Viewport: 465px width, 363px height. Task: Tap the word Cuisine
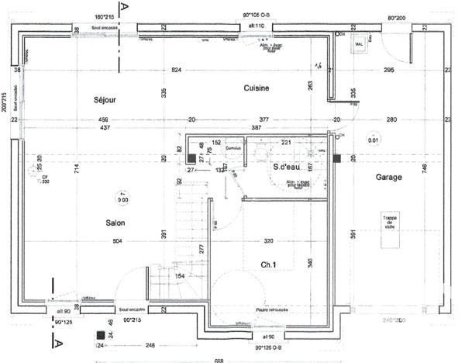(256, 88)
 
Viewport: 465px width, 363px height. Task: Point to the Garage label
(388, 178)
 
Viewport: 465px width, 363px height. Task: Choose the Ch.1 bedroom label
(269, 265)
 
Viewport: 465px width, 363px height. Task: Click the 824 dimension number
(177, 71)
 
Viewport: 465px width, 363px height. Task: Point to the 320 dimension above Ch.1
(270, 240)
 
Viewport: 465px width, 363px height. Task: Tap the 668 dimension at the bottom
(219, 359)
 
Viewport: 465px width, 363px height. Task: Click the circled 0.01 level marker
(374, 140)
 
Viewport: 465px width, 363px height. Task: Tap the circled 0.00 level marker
(122, 198)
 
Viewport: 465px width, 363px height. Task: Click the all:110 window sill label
(257, 26)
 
